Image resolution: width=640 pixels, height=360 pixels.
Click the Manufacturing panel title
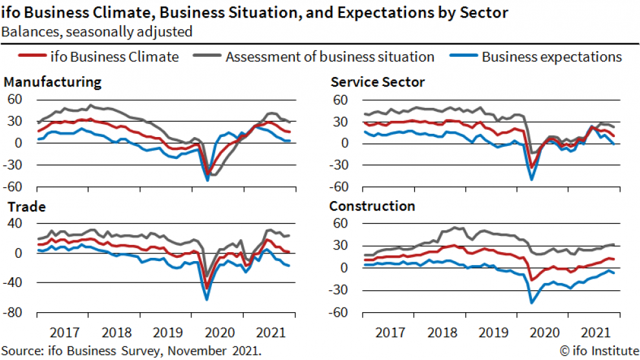[x=52, y=82]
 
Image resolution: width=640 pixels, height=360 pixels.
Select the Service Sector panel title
[x=378, y=82]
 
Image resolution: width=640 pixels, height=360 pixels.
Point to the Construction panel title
[x=372, y=207]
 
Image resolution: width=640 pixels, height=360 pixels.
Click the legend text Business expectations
[x=551, y=57]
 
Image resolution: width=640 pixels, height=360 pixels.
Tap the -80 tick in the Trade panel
[x=15, y=313]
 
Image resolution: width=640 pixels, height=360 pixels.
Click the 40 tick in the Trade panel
[x=16, y=224]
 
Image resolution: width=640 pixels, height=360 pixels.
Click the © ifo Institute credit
[x=598, y=350]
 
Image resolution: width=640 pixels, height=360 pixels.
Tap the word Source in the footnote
[x=19, y=350]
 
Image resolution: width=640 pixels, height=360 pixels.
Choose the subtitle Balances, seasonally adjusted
[x=97, y=30]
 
